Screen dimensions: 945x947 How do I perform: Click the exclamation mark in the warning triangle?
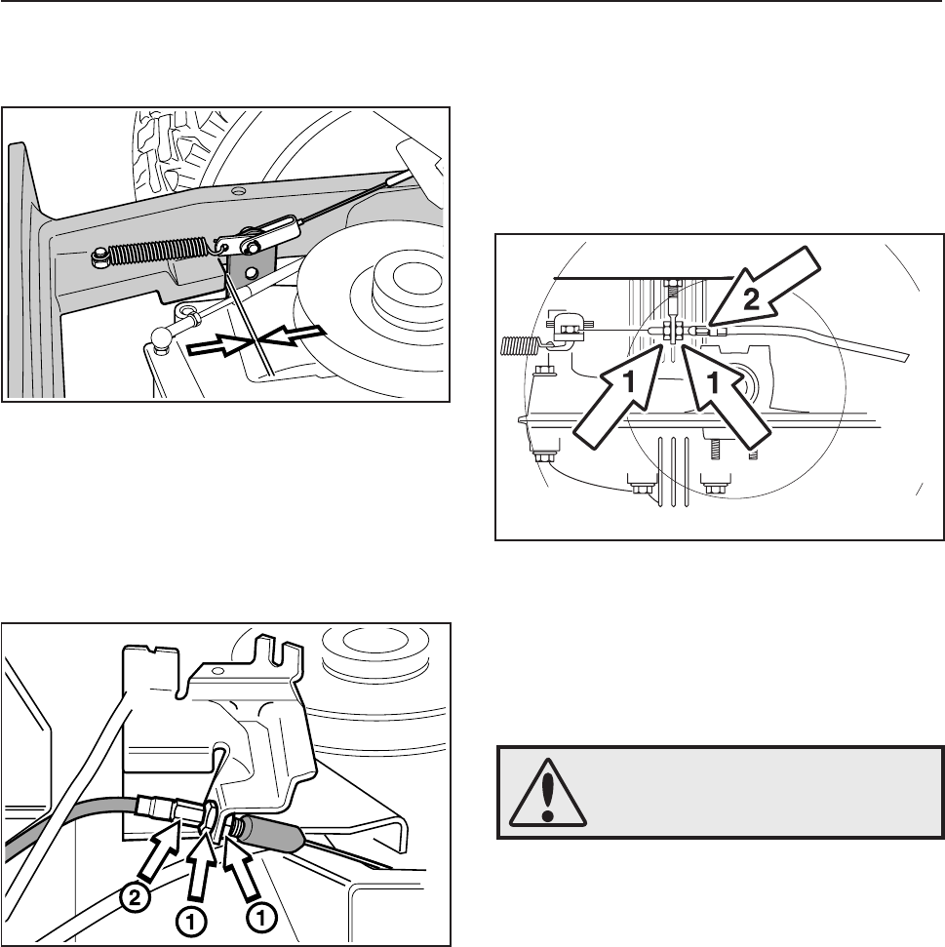(x=548, y=797)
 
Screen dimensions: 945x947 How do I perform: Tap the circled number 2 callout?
(x=136, y=898)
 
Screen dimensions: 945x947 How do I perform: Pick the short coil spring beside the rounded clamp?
(x=519, y=346)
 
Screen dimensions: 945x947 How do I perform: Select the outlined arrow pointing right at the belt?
(x=218, y=346)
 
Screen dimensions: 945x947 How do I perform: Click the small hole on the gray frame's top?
(x=239, y=191)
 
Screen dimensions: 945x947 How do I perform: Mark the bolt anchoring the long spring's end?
(x=98, y=259)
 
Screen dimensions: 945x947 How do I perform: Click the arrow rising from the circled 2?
(x=159, y=850)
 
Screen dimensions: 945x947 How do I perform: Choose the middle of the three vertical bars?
(x=674, y=472)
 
